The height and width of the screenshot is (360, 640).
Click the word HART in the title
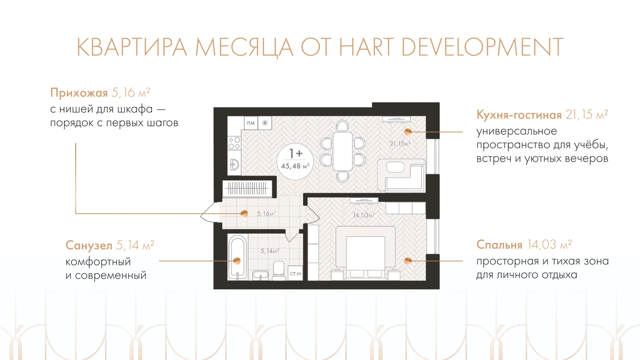click(x=366, y=46)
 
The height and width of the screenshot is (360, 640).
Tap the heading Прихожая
click(x=79, y=93)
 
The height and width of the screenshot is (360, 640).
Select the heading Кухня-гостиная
click(x=519, y=115)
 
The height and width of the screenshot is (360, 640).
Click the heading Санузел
click(x=89, y=245)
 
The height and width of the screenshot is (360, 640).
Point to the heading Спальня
click(x=499, y=245)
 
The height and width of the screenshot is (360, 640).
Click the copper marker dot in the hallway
click(x=244, y=213)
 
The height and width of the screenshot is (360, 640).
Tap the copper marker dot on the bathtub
click(x=237, y=261)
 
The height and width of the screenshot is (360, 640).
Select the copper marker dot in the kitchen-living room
click(x=407, y=132)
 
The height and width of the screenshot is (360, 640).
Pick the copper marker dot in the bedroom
click(x=407, y=261)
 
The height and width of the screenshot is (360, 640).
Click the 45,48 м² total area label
click(x=295, y=166)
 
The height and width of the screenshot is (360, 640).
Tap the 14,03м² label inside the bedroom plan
click(x=364, y=215)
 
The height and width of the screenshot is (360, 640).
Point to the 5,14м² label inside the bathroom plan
click(x=269, y=251)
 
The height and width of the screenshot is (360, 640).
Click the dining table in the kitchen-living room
click(x=342, y=151)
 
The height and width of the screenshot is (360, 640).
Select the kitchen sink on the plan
click(x=234, y=165)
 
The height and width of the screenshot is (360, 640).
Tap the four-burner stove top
click(x=234, y=143)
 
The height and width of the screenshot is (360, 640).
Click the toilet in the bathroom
click(x=278, y=269)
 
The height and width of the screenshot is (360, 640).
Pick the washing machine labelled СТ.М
click(x=295, y=273)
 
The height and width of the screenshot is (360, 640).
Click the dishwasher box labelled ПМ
click(x=251, y=123)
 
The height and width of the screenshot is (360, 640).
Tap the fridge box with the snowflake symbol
click(x=265, y=123)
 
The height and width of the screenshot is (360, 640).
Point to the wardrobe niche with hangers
click(x=247, y=189)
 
